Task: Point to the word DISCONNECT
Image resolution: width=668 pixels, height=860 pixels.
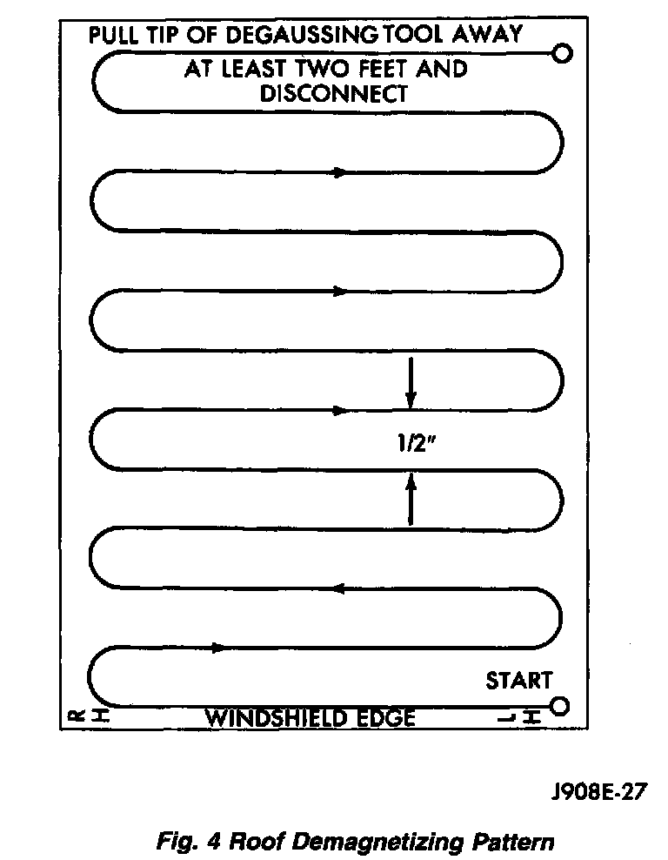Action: pyautogui.click(x=334, y=94)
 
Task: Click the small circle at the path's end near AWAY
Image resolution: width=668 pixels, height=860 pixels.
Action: pyautogui.click(x=563, y=54)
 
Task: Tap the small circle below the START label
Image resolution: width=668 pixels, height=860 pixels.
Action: pyautogui.click(x=559, y=705)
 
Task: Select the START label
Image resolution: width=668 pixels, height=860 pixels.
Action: pyautogui.click(x=518, y=680)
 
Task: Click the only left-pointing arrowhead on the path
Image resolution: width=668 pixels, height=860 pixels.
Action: pyautogui.click(x=338, y=589)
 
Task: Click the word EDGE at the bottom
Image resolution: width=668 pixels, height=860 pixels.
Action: pyautogui.click(x=386, y=718)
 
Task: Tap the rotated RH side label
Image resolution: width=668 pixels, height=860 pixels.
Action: pyautogui.click(x=76, y=716)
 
